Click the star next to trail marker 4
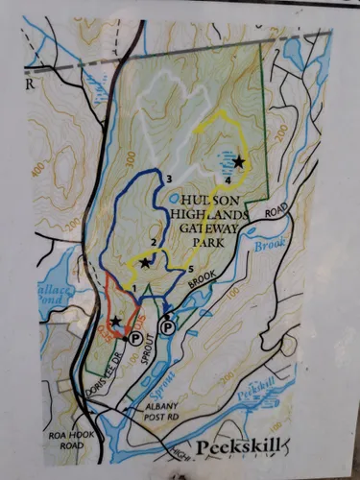[238, 162]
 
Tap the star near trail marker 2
[145, 262]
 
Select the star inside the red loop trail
[116, 322]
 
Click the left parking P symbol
[134, 339]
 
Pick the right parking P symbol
[167, 328]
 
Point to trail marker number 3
[168, 179]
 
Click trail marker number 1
[134, 287]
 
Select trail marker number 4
[228, 180]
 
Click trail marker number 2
[153, 242]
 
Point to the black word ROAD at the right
[276, 209]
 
